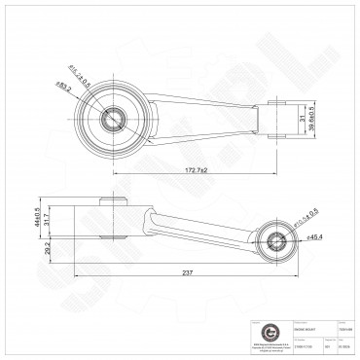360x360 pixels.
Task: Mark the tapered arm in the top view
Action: coord(204,117)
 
